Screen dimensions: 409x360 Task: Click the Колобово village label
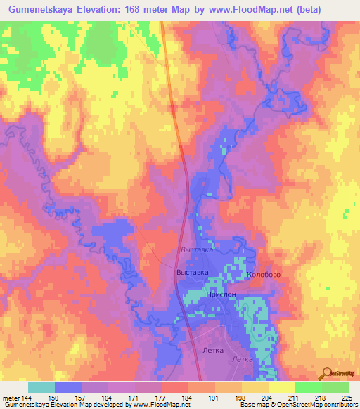[x=264, y=275]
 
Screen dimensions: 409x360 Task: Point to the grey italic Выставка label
[x=196, y=249]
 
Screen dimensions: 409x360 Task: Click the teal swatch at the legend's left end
[x=41, y=387]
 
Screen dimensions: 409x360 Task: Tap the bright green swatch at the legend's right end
[x=335, y=387]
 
